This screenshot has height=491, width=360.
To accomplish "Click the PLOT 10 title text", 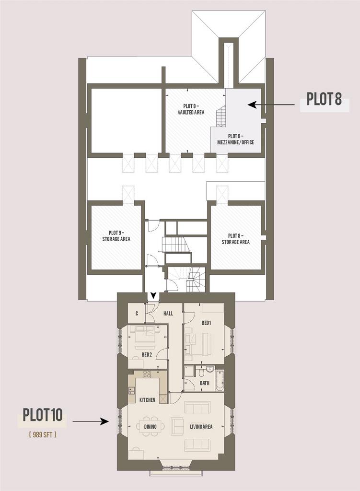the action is click(43, 415).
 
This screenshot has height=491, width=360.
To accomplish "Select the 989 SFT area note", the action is click(43, 434).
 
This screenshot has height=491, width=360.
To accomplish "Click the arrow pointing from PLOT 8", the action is click(272, 105).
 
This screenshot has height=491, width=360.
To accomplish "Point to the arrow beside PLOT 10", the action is click(91, 421).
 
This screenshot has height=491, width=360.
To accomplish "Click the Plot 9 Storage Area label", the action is click(116, 236).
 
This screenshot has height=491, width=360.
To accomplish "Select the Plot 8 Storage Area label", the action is click(236, 239).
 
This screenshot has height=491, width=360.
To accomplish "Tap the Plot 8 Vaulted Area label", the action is click(191, 109).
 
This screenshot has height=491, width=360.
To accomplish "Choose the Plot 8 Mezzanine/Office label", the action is click(236, 139).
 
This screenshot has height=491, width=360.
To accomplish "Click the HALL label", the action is click(168, 313).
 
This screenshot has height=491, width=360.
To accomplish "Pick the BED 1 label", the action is click(206, 323).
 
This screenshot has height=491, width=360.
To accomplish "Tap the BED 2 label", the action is click(147, 355).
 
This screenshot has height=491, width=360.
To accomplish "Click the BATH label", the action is click(205, 383).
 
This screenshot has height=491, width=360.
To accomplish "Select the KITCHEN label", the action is click(147, 400).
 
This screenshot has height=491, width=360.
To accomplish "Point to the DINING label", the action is click(150, 426).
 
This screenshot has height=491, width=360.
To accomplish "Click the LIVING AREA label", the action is click(201, 426).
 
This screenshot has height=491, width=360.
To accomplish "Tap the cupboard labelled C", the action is click(137, 313).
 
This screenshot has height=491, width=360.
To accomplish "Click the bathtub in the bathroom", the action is click(220, 380).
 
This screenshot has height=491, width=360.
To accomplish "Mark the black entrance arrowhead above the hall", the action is click(153, 295).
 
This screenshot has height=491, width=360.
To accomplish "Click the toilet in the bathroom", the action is click(202, 372).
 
